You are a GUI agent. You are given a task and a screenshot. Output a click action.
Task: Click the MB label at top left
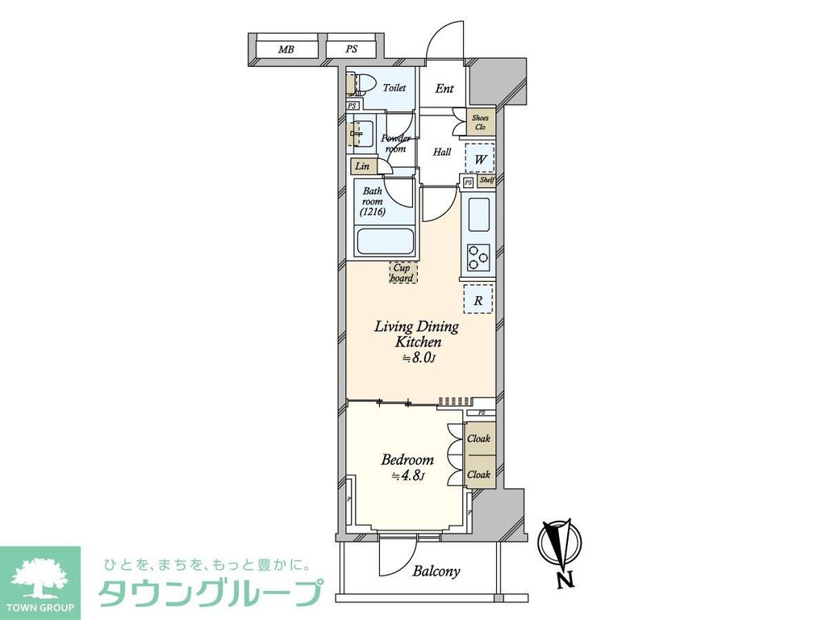(286, 50)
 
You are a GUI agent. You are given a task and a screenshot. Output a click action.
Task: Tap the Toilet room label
(394, 88)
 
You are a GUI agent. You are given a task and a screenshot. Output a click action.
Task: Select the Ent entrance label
(444, 89)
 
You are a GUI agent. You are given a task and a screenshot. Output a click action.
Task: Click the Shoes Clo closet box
(480, 123)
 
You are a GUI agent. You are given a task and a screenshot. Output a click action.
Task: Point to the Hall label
(442, 152)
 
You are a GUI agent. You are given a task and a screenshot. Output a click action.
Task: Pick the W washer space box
(480, 159)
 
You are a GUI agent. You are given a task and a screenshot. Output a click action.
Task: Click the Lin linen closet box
(362, 166)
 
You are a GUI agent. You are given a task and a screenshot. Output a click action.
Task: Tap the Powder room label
(395, 143)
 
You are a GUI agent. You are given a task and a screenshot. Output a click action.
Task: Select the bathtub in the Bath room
(384, 241)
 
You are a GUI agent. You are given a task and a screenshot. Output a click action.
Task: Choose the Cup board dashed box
(403, 272)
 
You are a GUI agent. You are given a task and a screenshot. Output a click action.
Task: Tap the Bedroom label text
(407, 460)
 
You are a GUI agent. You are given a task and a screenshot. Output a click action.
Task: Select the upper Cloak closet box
(479, 439)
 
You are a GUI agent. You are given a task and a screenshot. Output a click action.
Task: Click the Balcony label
(436, 572)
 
